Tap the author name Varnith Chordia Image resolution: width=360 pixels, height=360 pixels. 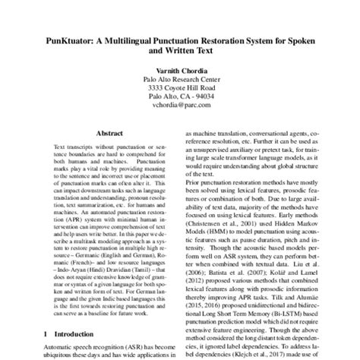pos(180,69)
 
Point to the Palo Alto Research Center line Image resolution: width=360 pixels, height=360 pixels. pos(180,79)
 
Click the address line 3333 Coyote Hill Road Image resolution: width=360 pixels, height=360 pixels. pos(180,88)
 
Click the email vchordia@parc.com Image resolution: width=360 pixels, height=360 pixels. pos(180,106)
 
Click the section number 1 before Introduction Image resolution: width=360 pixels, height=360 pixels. pos(47,333)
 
